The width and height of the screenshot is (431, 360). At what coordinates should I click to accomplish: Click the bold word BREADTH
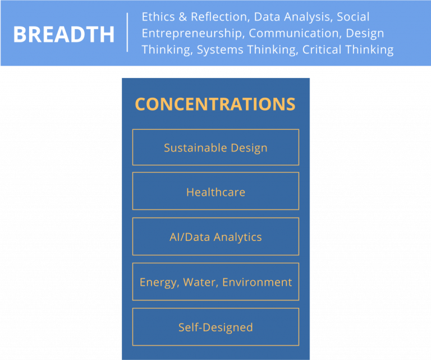(x=64, y=34)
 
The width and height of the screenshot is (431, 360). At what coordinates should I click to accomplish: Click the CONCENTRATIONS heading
(x=215, y=104)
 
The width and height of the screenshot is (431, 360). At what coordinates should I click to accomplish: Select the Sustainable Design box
(x=215, y=147)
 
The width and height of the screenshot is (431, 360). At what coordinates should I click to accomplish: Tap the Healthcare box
(x=215, y=191)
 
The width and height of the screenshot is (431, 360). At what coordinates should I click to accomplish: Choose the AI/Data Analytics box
(x=215, y=236)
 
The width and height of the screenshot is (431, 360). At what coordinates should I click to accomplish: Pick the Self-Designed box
(x=215, y=327)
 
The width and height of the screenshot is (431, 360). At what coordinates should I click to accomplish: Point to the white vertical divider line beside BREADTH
(x=127, y=32)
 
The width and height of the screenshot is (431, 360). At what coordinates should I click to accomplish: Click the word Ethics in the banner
(x=158, y=17)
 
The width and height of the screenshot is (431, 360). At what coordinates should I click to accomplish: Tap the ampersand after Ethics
(x=183, y=17)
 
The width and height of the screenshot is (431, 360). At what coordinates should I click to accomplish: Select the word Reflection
(x=221, y=17)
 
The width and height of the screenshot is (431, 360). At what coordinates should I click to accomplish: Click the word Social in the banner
(x=353, y=17)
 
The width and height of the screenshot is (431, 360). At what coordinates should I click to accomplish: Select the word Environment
(x=257, y=282)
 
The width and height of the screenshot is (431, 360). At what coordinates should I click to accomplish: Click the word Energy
(x=159, y=282)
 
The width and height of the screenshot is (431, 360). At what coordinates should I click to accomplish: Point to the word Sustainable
(x=195, y=148)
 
